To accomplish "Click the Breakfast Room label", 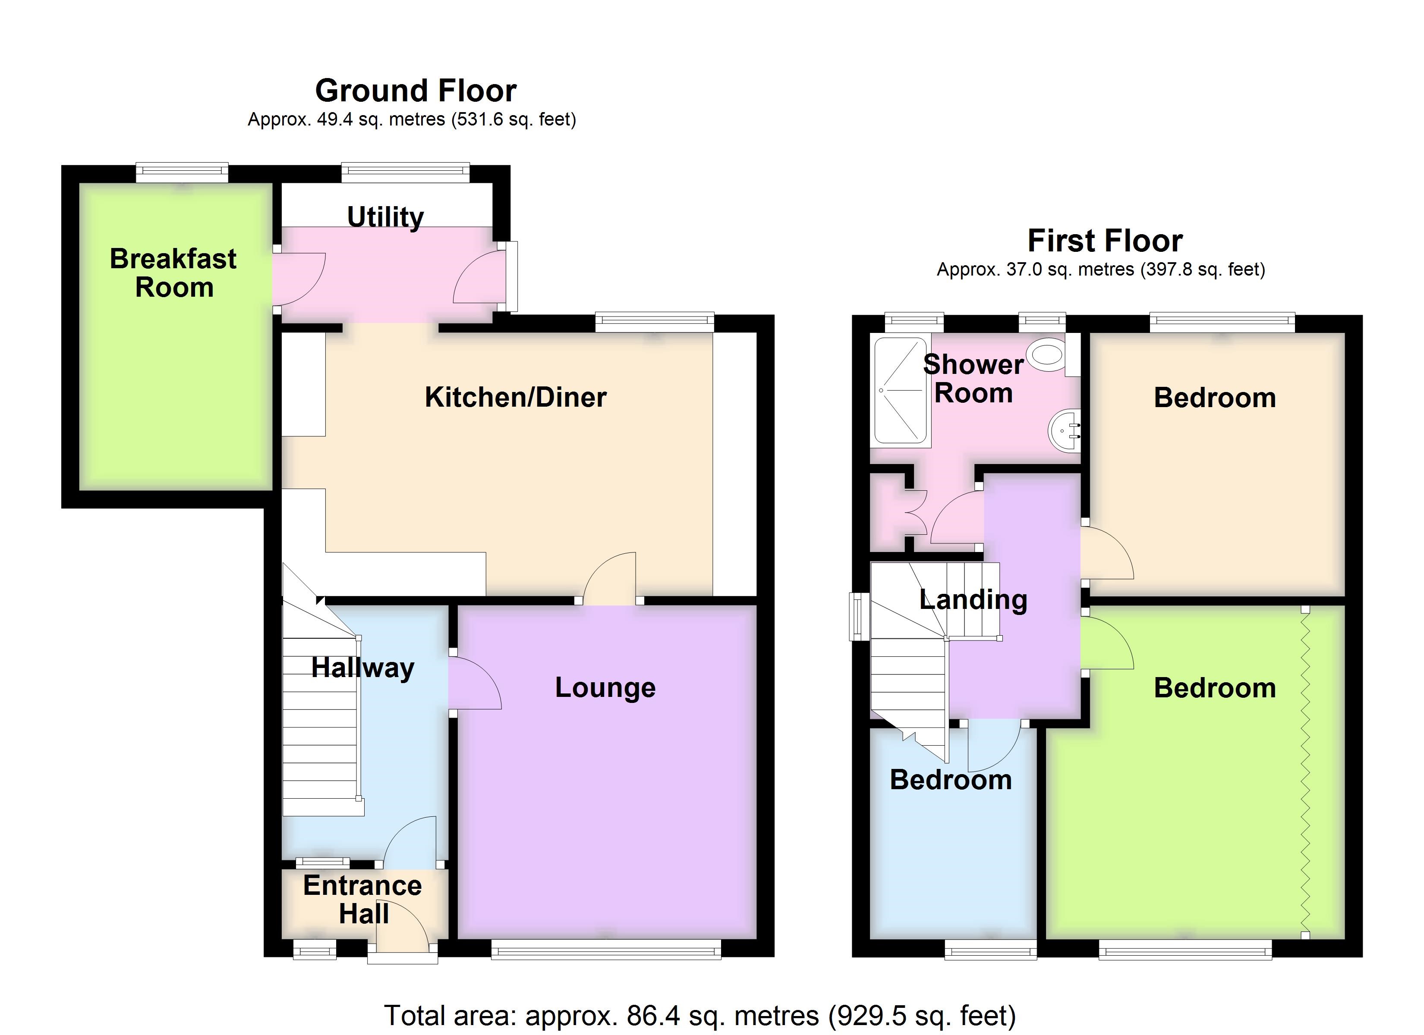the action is [173, 273].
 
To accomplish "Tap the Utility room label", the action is [385, 217].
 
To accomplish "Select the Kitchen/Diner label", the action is [516, 397].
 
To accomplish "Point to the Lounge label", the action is [605, 688].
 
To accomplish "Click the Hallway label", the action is [363, 668].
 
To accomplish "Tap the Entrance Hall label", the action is [363, 900].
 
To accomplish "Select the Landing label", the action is [973, 600].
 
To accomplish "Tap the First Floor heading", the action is [1105, 241].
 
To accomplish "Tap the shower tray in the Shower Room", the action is [900, 390].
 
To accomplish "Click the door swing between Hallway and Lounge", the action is [475, 682].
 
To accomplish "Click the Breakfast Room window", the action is [182, 172].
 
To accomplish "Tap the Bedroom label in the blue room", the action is [951, 780].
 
